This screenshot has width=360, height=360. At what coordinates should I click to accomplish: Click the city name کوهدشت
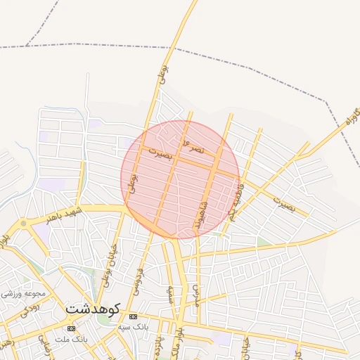coord(93,308)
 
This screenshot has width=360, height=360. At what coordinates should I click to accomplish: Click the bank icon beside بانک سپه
coord(133,317)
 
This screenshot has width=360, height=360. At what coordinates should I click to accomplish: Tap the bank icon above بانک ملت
coord(70,328)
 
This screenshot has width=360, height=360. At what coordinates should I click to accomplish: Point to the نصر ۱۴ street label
coord(193,147)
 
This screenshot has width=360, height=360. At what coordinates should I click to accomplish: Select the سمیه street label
coord(169,295)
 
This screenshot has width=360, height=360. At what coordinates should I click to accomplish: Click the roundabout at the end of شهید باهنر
coord(23,224)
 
